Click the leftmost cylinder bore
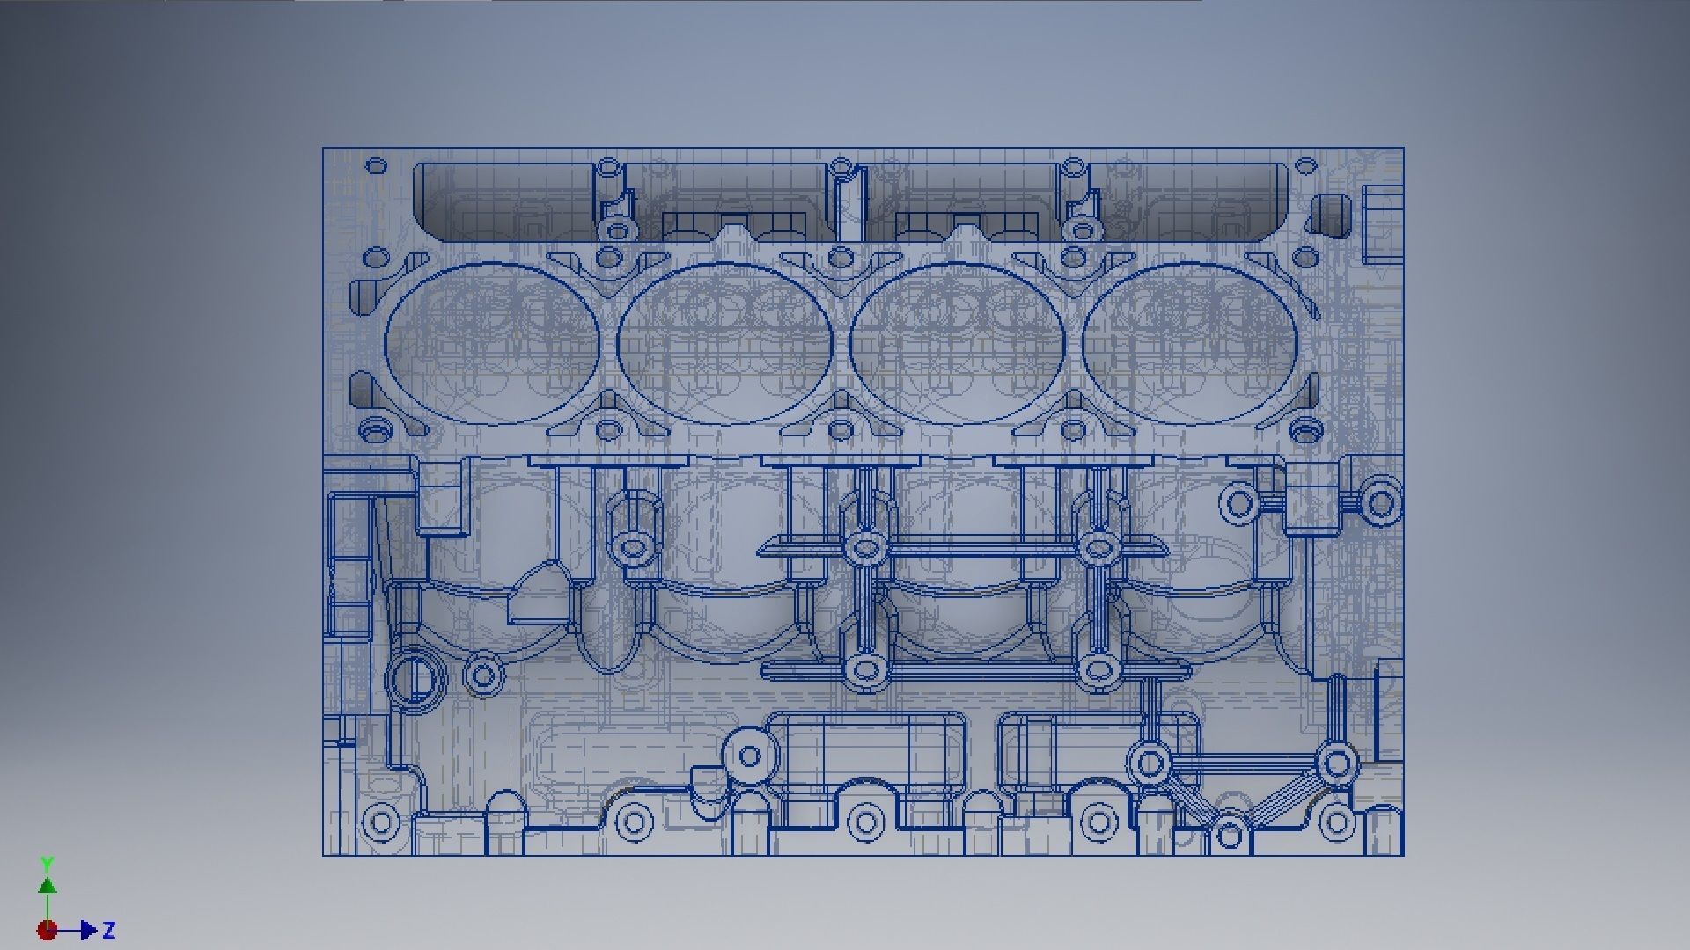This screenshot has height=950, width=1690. point(492,343)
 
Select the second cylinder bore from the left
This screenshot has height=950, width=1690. point(724,343)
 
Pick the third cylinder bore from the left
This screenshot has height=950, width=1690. point(958,343)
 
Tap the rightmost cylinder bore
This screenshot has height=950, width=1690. point(1190,343)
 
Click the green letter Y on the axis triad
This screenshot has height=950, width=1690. point(48,863)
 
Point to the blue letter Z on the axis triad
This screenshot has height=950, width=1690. point(109,930)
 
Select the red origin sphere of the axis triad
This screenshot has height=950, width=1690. point(47,930)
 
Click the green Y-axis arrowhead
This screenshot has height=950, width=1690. point(48,885)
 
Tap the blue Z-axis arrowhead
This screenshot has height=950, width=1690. point(88,930)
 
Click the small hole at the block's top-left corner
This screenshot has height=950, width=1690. point(376,165)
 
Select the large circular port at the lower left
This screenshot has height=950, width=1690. point(415,679)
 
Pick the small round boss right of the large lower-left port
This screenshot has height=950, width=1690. point(481,676)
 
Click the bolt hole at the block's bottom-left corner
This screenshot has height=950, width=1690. point(380,823)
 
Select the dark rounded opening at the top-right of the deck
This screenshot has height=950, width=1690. point(1329,216)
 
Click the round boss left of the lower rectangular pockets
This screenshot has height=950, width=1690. point(750,756)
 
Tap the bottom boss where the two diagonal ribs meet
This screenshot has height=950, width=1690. point(1230,830)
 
